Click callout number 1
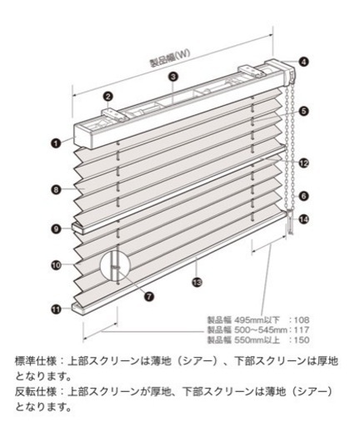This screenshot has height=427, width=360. pyautogui.click(x=56, y=143)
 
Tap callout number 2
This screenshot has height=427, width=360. pyautogui.click(x=107, y=97)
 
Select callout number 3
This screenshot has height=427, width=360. pyautogui.click(x=173, y=77)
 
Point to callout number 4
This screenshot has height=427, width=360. pyautogui.click(x=304, y=62)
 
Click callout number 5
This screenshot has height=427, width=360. pyautogui.click(x=303, y=111)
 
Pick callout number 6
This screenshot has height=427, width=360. pyautogui.click(x=303, y=196)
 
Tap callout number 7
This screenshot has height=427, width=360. pyautogui.click(x=149, y=296)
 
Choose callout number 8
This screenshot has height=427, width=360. pyautogui.click(x=56, y=189)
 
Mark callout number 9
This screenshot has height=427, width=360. pyautogui.click(x=56, y=229)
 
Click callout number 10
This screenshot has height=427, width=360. pyautogui.click(x=56, y=265)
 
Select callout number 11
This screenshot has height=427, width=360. pyautogui.click(x=56, y=309)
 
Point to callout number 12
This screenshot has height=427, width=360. pyautogui.click(x=303, y=163)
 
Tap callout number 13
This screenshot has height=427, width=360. pyautogui.click(x=197, y=283)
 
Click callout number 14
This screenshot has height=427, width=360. pyautogui.click(x=303, y=219)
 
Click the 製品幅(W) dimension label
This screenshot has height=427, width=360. pyautogui.click(x=170, y=58)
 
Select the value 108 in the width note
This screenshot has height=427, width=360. pyautogui.click(x=302, y=320)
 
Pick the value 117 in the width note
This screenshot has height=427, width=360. pyautogui.click(x=302, y=330)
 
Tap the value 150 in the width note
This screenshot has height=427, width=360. pyautogui.click(x=302, y=340)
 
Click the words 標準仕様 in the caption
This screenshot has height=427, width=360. pyautogui.click(x=36, y=361)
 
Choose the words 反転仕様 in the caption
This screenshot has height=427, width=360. pyautogui.click(x=36, y=392)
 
